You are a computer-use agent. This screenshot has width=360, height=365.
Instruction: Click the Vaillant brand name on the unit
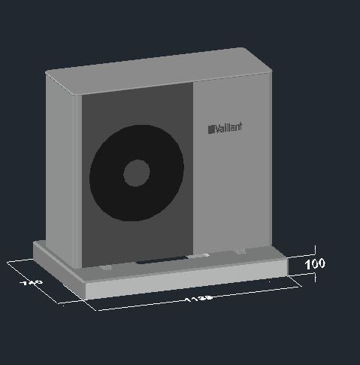coord(228,128)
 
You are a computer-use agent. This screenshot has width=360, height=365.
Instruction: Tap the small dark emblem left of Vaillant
coord(211,129)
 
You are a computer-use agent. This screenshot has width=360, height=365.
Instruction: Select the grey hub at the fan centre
coord(136,173)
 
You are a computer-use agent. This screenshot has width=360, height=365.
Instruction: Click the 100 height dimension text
coord(316,264)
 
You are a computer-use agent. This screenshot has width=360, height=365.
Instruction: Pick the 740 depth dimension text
coord(31,284)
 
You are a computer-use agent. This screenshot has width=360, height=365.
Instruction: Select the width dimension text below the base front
coord(199,298)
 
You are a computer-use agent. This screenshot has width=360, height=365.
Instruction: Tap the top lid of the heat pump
coord(158,69)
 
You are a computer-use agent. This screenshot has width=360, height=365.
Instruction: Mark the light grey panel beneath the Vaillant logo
coord(229,196)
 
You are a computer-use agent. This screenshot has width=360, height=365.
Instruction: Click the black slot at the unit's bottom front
coord(162,261)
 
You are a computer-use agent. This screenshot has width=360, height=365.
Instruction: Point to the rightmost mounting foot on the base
coord(239,251)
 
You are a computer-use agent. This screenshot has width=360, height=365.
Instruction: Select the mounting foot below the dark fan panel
coord(107,266)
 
